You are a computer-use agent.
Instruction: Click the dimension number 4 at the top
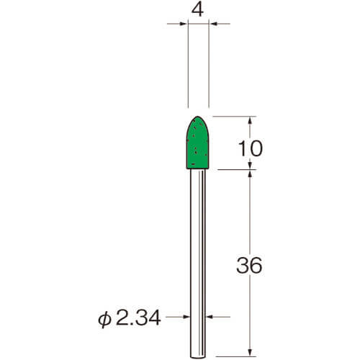click(198, 10)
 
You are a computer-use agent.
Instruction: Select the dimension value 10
click(251, 148)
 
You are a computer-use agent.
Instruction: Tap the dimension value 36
click(249, 265)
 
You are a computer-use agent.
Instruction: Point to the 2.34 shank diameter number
click(138, 318)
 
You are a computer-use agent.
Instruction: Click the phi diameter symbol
click(104, 320)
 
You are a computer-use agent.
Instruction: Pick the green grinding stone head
click(198, 143)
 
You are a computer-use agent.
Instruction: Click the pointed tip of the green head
click(198, 117)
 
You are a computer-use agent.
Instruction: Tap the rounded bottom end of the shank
click(198, 358)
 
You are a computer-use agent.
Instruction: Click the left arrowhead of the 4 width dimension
click(184, 24)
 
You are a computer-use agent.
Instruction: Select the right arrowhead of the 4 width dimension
click(213, 24)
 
